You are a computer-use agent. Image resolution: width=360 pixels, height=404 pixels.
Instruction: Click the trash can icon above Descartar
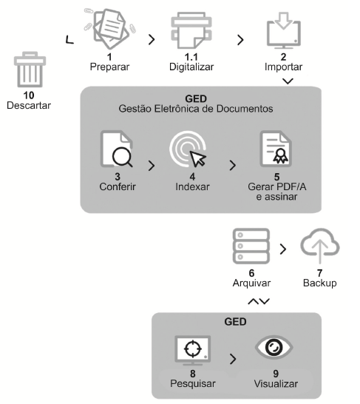[30, 70]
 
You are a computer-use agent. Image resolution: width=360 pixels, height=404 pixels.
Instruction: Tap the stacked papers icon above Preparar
[110, 29]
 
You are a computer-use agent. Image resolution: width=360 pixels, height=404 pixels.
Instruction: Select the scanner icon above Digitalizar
[191, 30]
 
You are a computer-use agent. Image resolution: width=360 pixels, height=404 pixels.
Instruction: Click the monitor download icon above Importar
[284, 30]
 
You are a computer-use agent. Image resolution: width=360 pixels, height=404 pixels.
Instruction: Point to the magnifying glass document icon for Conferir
[117, 149]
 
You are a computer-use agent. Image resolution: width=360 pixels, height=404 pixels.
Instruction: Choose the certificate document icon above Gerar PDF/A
[276, 149]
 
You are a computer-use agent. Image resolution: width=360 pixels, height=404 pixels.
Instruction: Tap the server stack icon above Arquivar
[251, 246]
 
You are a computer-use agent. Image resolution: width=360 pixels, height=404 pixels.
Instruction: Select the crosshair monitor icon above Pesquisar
[193, 350]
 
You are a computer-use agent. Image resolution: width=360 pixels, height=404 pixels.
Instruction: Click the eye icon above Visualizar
[274, 347]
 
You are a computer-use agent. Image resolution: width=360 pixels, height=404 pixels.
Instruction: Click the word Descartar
[29, 105]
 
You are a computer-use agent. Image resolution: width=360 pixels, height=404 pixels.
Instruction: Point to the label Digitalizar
[191, 67]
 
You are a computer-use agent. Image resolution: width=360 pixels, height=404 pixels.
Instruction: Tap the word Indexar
[192, 186]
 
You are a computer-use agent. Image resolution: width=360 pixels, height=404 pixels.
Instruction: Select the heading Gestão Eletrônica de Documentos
[196, 109]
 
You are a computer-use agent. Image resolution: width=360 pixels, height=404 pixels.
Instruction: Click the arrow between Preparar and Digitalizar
[152, 39]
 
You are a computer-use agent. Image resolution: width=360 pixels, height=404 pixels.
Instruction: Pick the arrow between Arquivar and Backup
[283, 249]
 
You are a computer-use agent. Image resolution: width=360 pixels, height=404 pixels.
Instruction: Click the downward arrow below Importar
[288, 81]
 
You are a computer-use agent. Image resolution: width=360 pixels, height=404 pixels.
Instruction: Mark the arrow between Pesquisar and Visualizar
[233, 359]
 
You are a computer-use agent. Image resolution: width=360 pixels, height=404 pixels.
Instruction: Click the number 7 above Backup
[320, 273]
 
